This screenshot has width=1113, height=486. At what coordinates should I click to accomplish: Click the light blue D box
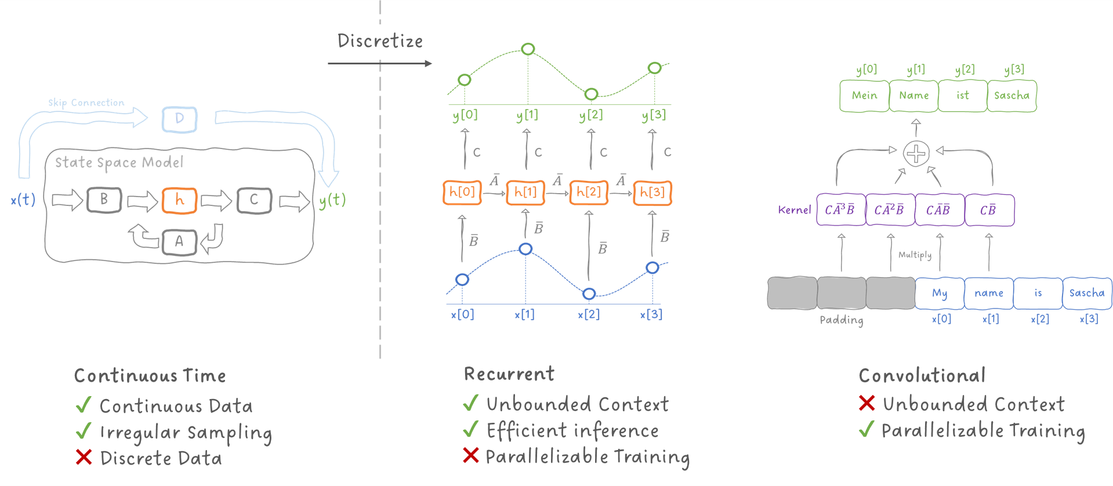pos(179,119)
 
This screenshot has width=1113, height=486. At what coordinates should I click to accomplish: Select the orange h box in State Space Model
pos(179,201)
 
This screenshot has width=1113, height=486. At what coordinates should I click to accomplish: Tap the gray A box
pos(179,242)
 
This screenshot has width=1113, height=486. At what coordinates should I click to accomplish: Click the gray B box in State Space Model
pos(104,200)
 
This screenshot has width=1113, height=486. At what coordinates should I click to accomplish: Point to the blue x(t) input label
pos(23,200)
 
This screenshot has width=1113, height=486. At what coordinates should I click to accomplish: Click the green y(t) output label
pos(332,200)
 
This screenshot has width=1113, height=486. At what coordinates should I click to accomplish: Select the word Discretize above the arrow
pos(380,41)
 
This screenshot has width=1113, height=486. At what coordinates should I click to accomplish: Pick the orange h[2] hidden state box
pos(589,193)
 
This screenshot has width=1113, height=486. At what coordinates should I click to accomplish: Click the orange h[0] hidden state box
pos(462,193)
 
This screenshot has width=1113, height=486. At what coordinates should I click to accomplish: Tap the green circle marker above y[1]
pos(528,49)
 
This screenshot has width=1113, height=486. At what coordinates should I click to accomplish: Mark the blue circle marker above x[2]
pos(589,294)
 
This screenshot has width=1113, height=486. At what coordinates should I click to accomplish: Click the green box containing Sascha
pos(1012,96)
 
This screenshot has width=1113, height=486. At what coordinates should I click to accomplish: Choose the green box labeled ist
pos(963,96)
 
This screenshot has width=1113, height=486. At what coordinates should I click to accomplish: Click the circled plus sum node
pos(916,154)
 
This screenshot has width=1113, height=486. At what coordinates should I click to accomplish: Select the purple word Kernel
pos(794,210)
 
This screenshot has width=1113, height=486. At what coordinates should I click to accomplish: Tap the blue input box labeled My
pos(940,293)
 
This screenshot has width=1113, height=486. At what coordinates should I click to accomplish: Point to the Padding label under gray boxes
pos(841,320)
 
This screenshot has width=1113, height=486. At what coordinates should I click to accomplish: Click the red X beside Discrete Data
pos(84,457)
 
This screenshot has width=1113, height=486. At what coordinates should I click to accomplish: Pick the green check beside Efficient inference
pos(471,430)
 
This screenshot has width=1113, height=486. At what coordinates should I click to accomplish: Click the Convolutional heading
pos(922,376)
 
